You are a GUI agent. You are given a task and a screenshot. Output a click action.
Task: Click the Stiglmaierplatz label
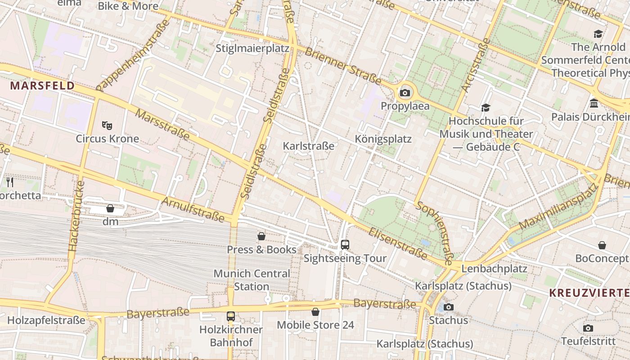coord(252,48)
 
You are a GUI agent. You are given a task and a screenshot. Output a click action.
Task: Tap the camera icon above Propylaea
coord(405,93)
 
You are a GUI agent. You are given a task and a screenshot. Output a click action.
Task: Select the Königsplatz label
coord(383,139)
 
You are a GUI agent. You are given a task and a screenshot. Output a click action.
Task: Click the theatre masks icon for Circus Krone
coord(107,125)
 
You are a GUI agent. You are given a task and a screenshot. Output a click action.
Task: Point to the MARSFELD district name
coord(42,85)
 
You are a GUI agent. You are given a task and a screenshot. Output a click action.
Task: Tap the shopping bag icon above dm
coord(110,208)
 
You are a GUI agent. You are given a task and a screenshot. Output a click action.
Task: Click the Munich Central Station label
coord(252,280)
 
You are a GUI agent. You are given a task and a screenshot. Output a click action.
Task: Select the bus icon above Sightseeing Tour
coord(345,245)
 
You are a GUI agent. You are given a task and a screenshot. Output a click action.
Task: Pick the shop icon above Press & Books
coord(261,236)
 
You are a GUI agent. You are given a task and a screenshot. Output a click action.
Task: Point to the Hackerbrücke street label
coord(76,216)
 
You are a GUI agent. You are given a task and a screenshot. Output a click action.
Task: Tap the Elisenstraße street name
coord(397,243)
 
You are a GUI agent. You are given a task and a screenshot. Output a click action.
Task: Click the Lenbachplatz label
coord(494,269)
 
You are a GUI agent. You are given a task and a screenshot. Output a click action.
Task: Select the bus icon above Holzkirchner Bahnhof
coord(231,316)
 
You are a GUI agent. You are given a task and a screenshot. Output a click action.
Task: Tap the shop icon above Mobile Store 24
coord(315,312)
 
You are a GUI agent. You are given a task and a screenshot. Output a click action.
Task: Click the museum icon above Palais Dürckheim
coord(594,104)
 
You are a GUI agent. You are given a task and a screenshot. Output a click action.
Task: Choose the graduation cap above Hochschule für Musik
coord(486,108)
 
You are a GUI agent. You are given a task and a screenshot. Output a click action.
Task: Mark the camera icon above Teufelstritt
coord(588,328)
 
